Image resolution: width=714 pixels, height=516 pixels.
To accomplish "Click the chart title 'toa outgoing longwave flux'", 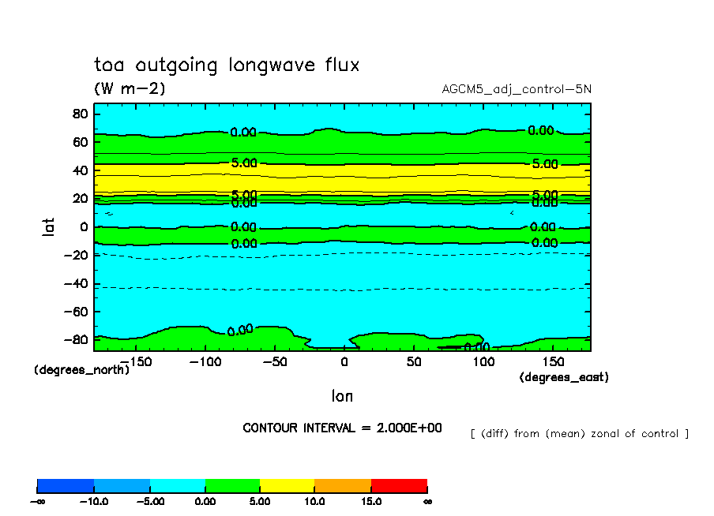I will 227,65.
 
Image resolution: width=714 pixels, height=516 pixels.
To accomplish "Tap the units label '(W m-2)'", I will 130,88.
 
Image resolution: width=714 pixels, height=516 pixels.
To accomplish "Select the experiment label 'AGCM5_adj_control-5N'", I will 517,88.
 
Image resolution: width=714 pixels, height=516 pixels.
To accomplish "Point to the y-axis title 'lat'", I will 49,229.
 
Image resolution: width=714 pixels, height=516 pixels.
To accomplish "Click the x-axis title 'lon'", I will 342,395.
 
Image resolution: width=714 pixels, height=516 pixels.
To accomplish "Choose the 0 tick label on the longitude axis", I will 344,361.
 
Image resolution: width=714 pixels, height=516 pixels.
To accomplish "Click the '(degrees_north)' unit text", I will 82,369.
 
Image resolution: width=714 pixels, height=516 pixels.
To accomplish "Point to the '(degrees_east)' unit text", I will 564,377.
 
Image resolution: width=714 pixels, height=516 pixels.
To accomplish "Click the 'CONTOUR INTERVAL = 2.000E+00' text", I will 342,428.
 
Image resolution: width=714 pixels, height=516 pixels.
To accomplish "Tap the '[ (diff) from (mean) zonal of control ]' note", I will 579,433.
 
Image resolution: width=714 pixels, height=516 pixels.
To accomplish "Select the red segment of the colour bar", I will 399,485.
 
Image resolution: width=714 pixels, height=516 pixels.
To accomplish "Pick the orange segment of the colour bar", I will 343,485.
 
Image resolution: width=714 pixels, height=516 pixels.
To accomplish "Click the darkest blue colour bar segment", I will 66,485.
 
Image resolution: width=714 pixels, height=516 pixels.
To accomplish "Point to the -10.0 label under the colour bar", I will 93,501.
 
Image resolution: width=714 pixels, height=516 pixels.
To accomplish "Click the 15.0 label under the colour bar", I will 371,501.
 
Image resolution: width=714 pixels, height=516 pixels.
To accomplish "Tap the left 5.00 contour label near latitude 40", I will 244,163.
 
